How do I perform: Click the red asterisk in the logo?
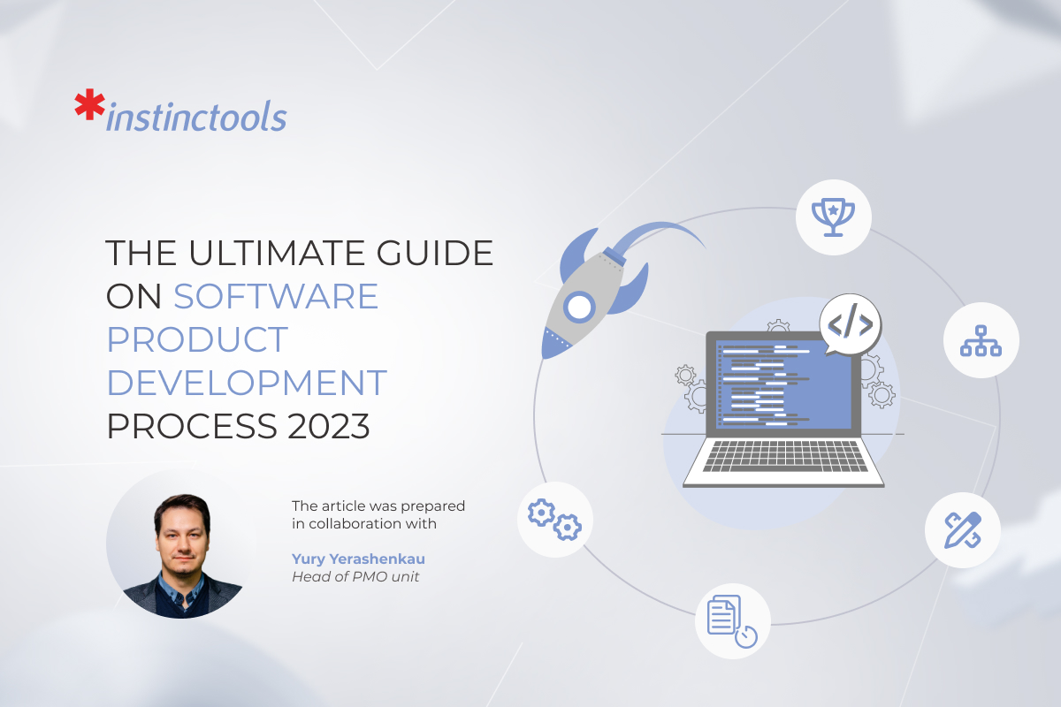[x=88, y=105]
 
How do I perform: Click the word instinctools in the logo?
[x=195, y=118]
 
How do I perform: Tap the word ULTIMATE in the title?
[x=281, y=254]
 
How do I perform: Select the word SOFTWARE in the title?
[x=276, y=296]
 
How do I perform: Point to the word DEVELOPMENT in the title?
[x=247, y=384]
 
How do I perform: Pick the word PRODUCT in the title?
[x=197, y=340]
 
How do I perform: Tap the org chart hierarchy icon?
[x=981, y=340]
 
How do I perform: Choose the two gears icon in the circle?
[x=554, y=519]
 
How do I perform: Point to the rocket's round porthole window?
[x=578, y=308]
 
